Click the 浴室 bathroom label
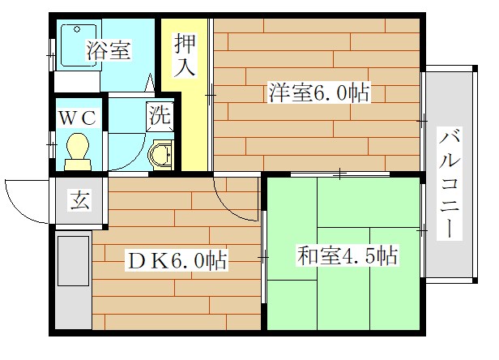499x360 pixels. (x=109, y=50)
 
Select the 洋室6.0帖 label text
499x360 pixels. (x=318, y=93)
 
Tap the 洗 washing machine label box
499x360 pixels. (x=160, y=114)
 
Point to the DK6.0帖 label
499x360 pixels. (x=175, y=260)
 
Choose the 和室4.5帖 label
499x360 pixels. (x=347, y=257)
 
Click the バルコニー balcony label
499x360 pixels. (x=448, y=182)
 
